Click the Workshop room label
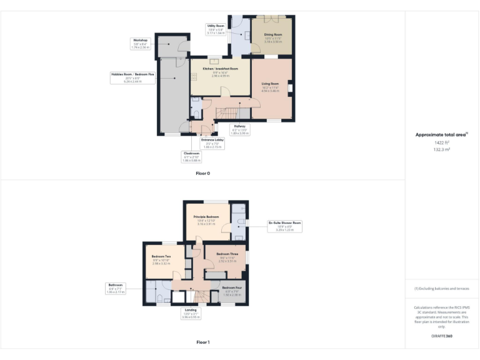tap(140, 43)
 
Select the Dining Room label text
tap(274, 35)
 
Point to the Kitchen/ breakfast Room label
tap(221, 68)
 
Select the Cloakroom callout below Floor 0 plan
tap(191, 156)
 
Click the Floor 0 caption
tap(202, 172)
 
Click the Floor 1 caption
tap(202, 342)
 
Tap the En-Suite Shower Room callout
tap(284, 226)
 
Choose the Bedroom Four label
tap(232, 287)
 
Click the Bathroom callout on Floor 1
tap(115, 287)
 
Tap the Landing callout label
tap(190, 312)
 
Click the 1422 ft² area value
tap(442, 142)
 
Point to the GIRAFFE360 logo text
tap(442, 336)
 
